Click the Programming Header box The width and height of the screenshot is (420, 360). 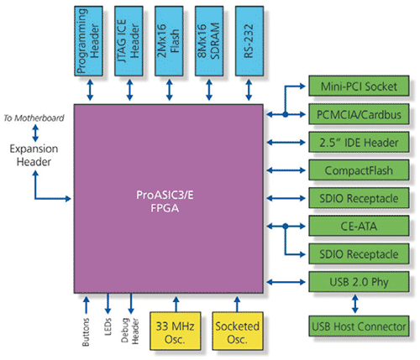(88, 41)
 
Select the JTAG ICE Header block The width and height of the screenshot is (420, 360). (129, 41)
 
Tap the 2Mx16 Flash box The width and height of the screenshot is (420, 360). (169, 41)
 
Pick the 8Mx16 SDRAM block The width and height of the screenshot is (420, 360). (209, 41)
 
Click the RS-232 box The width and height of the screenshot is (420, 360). (249, 41)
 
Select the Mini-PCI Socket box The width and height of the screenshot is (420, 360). (359, 86)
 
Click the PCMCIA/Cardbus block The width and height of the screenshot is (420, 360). (359, 114)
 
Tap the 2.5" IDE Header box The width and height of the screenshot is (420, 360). (359, 142)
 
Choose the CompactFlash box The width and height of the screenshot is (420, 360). (359, 170)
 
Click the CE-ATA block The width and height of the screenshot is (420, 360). (359, 226)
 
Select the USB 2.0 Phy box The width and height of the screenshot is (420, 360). (359, 282)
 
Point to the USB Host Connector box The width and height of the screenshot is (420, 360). (359, 326)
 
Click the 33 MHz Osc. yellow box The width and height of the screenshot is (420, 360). (176, 331)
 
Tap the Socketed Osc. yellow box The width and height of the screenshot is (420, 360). (238, 331)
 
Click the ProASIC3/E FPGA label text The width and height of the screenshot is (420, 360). (165, 201)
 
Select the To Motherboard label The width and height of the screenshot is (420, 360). (34, 118)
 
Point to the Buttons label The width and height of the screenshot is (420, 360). (86, 332)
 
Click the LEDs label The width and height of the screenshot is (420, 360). (108, 326)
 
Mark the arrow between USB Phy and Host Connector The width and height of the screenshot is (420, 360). (355, 304)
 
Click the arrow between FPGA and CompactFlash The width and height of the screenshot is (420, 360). (286, 170)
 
